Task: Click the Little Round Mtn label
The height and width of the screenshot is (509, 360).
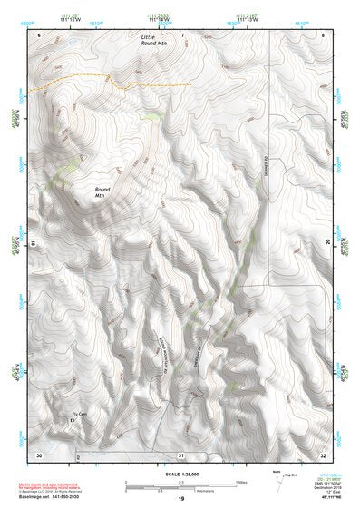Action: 155,39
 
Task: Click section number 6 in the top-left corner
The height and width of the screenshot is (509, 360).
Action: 40,34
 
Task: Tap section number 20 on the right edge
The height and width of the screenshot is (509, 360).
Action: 326,242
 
